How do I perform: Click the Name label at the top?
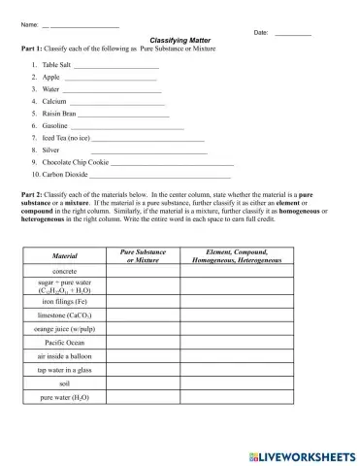click(28, 23)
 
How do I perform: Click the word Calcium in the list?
click(53, 101)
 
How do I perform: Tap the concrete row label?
click(64, 271)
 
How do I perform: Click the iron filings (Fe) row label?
click(64, 302)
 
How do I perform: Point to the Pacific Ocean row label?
click(64, 343)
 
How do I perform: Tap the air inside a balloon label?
click(64, 356)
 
